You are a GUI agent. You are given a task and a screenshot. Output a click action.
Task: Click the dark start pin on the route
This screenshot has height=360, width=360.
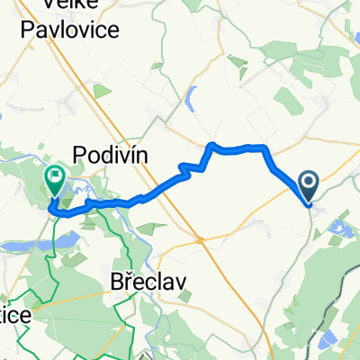point(308,187)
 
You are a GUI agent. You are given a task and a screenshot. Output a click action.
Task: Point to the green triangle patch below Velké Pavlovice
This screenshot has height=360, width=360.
point(100,92)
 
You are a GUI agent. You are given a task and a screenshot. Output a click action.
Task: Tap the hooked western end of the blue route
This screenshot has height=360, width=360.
point(52,209)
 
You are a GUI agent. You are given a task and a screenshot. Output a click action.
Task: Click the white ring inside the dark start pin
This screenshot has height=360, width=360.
point(308,184)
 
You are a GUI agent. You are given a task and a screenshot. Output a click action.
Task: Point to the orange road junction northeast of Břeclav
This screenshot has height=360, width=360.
point(199,240)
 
